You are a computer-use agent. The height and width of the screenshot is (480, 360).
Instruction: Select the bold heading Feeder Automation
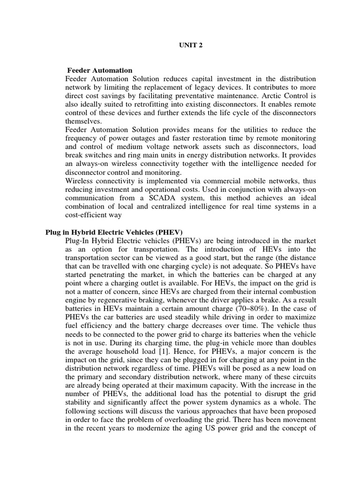[100, 70]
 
